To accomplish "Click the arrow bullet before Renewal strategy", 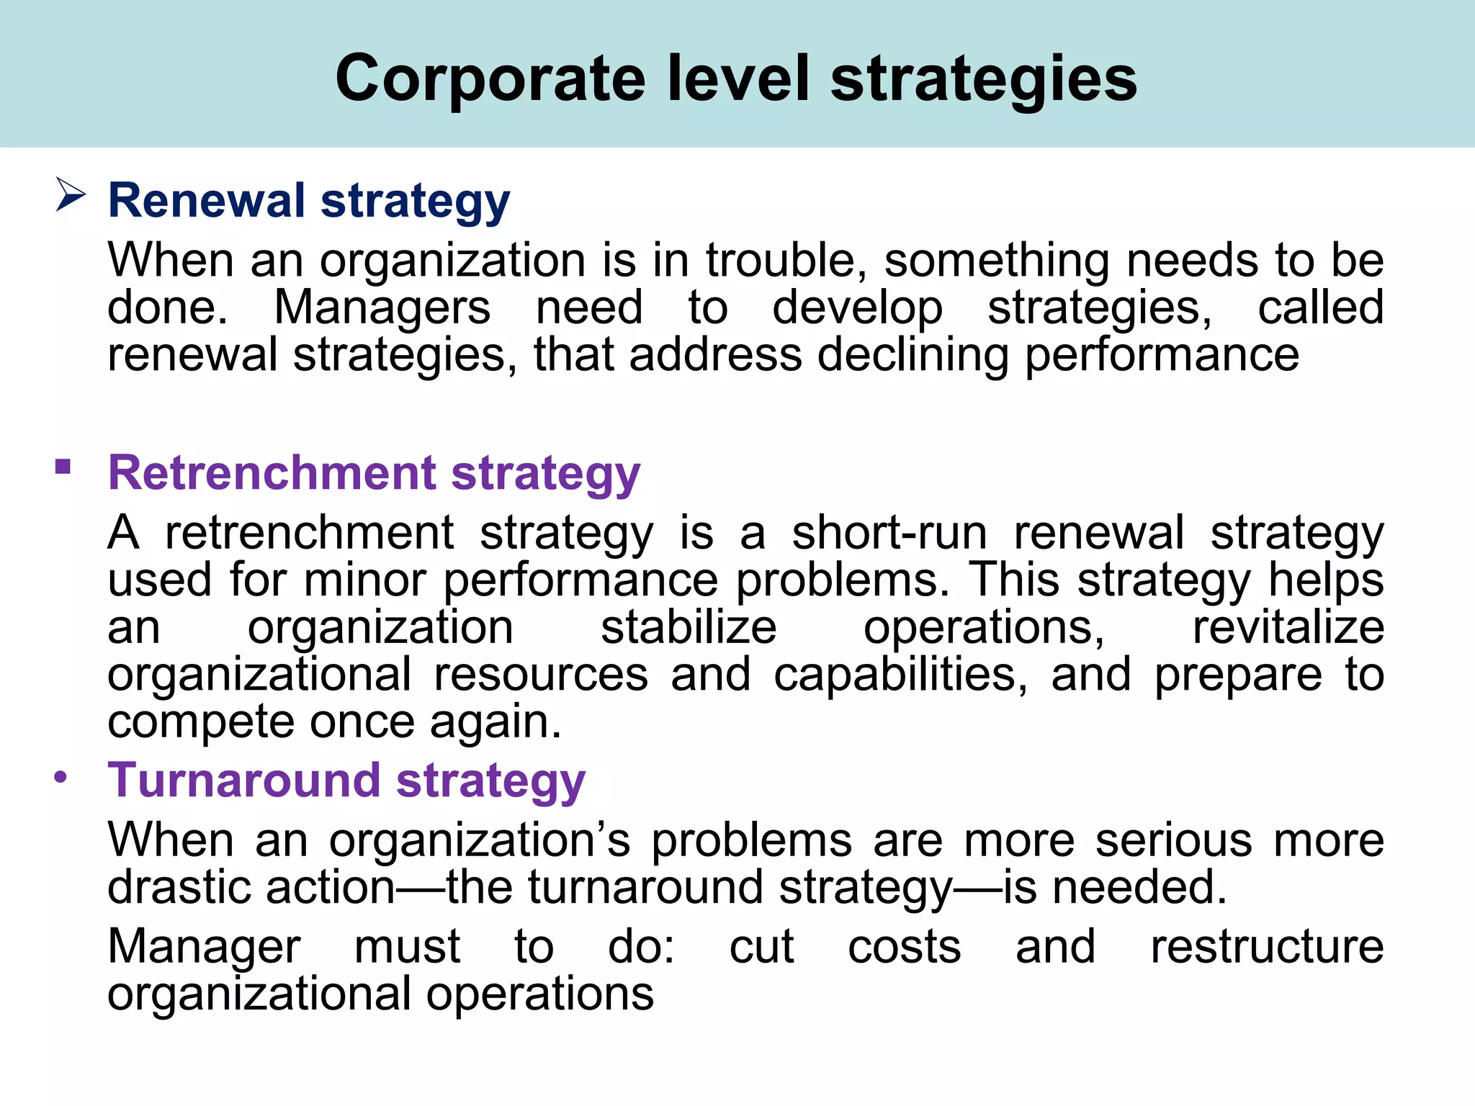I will (71, 195).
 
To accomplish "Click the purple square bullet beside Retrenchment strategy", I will (63, 467).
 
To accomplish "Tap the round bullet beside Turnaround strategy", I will (61, 777).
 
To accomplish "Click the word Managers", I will (382, 307).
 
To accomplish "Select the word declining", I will (913, 355).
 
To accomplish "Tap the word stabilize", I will (689, 627).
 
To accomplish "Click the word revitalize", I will (1288, 627).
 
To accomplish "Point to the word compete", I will (201, 723).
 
